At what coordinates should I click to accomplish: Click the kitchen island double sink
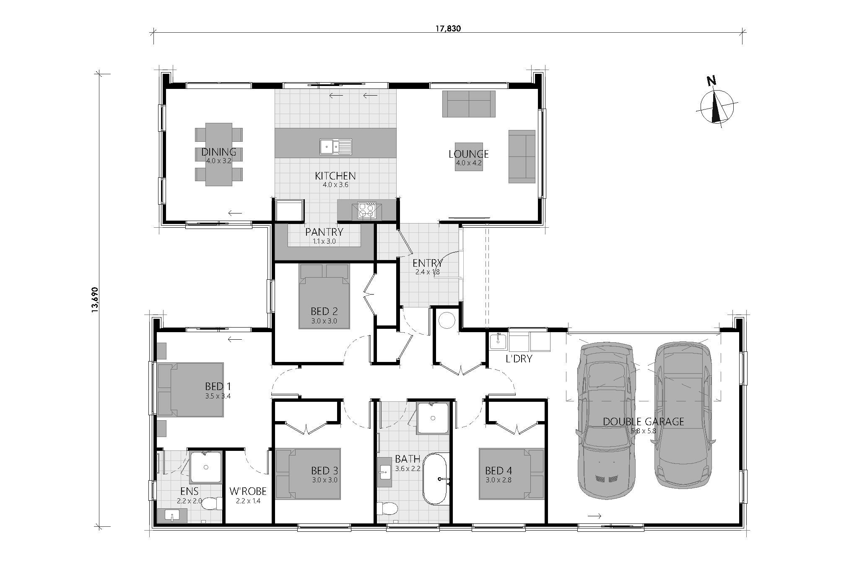point(336,146)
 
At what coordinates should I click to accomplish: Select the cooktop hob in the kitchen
point(367,210)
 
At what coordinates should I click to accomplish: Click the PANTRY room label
point(324,232)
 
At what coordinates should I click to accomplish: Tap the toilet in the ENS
point(213,503)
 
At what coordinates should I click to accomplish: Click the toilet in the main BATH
point(387,509)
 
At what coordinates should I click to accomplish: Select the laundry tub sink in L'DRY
point(498,341)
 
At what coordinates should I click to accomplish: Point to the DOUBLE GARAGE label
point(643,421)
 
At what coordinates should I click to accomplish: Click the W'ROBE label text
point(248,491)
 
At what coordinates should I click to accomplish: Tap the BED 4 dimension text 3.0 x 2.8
point(499,480)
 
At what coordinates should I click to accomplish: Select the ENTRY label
point(427,263)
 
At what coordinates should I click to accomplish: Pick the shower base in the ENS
point(206,467)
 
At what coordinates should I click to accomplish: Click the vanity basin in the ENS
point(172,516)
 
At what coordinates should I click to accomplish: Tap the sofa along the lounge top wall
point(469,103)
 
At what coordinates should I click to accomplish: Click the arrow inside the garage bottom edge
point(595,515)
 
